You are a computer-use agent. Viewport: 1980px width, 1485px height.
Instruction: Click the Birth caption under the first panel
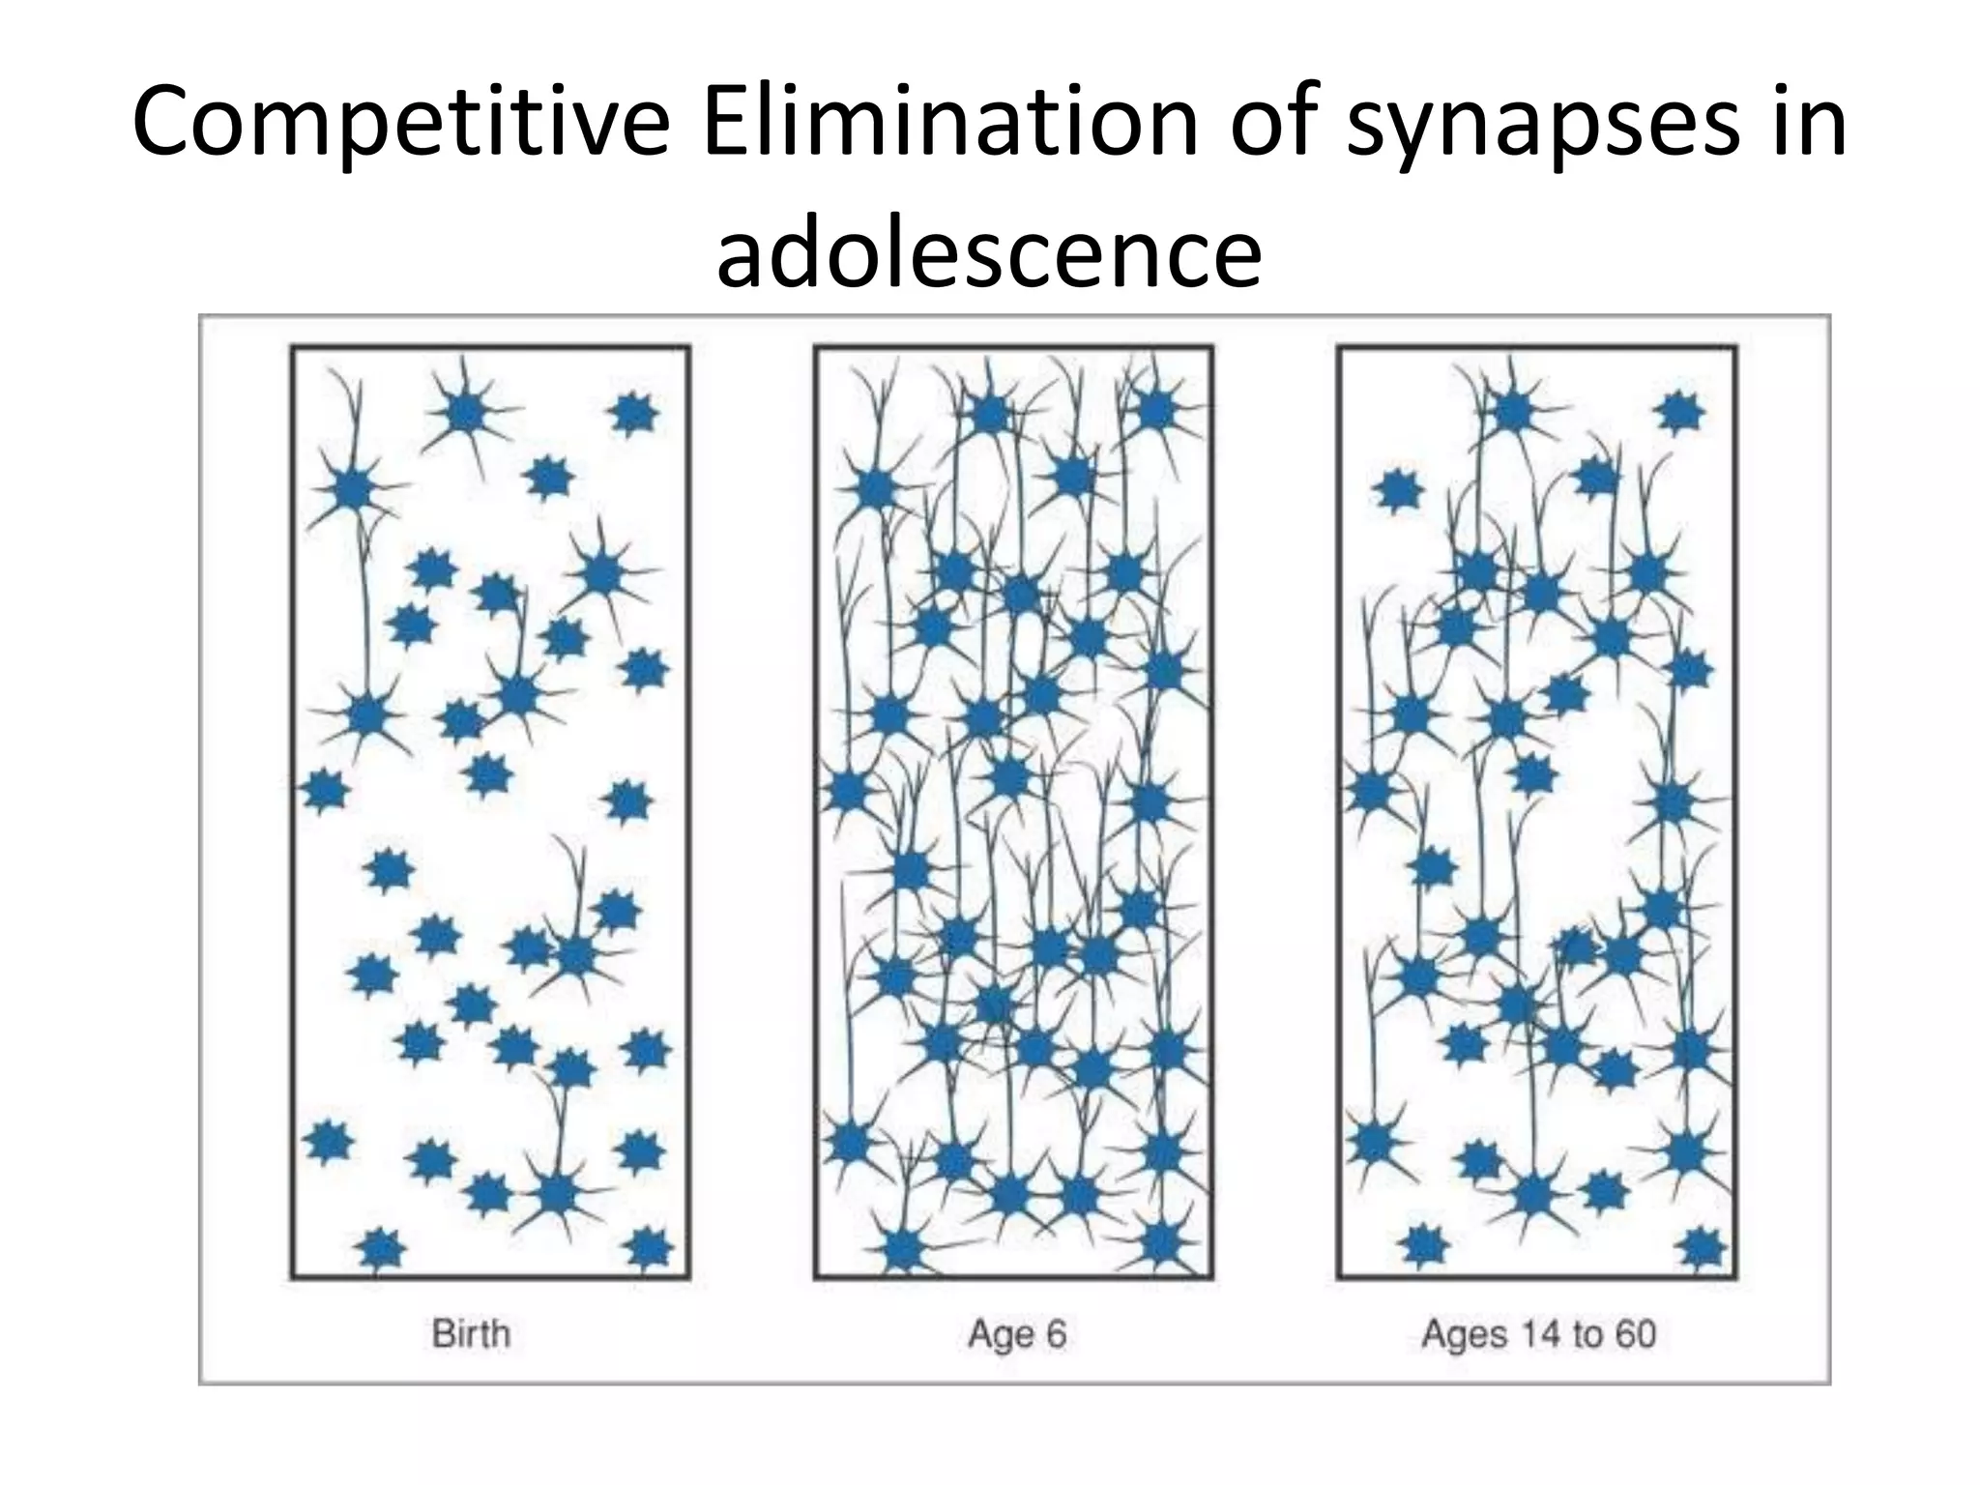[471, 1334]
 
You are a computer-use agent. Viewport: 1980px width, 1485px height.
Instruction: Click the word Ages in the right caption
[1464, 1336]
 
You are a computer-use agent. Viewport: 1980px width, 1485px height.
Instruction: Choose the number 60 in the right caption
[1635, 1334]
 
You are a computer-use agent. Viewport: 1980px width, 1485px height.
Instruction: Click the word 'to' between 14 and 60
[1587, 1334]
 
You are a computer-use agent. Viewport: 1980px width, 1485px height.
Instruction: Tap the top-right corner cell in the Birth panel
[634, 415]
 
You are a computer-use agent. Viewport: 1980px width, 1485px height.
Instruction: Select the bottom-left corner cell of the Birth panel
[381, 1250]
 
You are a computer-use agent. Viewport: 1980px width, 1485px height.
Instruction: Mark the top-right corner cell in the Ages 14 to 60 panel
[1680, 413]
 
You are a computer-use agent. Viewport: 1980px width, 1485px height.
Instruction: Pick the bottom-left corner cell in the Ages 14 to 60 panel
[1422, 1244]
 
